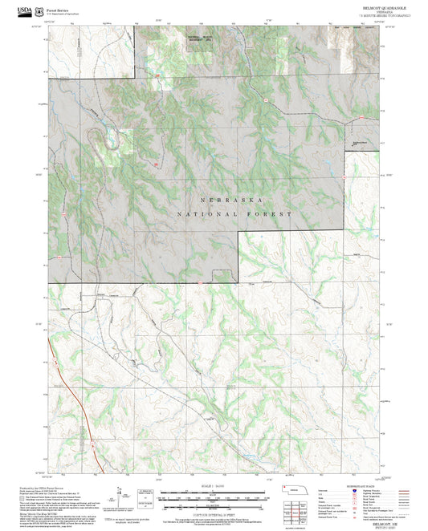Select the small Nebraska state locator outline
(x=301, y=491)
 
